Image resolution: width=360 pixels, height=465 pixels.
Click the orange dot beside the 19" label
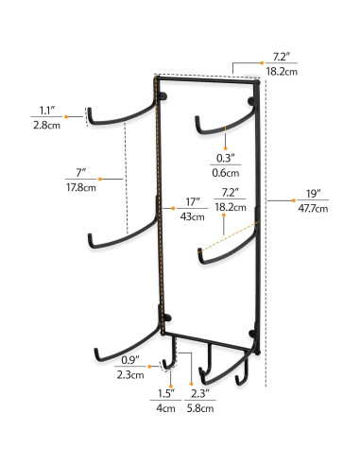296,200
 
